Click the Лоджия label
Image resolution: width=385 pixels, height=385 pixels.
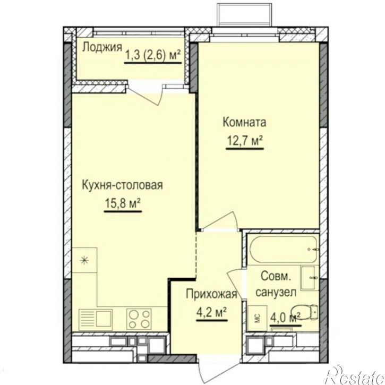click(102, 47)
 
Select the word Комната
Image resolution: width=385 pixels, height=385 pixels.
click(244, 122)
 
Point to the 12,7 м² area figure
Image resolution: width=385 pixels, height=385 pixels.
click(245, 141)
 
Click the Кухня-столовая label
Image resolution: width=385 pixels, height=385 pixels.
click(122, 185)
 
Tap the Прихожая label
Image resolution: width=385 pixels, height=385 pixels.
click(211, 294)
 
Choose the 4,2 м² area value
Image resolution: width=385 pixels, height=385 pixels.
click(212, 313)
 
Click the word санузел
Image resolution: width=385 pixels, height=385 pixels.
click(276, 292)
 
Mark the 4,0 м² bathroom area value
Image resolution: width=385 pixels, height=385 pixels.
click(285, 318)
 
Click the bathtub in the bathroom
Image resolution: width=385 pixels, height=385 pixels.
click(283, 249)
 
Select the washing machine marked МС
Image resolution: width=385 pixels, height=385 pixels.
click(258, 318)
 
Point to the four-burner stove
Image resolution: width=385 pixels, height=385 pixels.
click(139, 319)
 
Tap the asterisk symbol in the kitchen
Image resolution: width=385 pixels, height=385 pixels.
click(84, 260)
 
